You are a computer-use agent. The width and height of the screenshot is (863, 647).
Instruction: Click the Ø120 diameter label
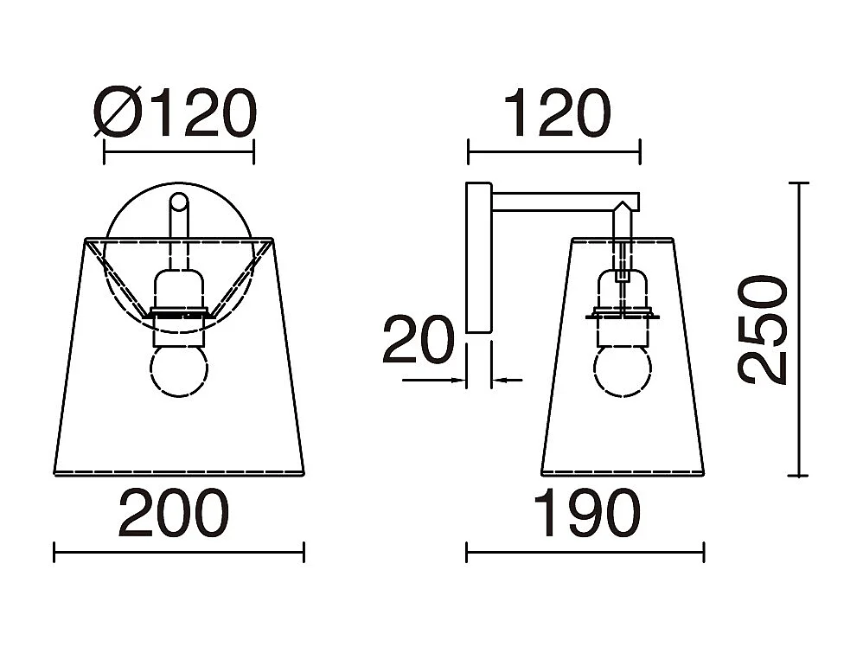[176, 115]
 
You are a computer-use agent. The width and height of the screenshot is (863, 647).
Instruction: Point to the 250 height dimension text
[764, 329]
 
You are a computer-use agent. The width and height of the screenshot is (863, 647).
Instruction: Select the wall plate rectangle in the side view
[477, 257]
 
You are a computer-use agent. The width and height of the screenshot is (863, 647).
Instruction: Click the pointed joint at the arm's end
[623, 210]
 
